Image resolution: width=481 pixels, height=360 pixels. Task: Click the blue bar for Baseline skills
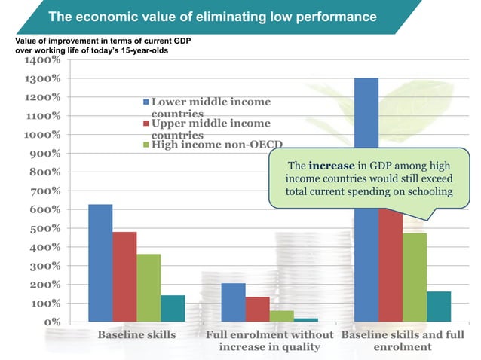[100, 263]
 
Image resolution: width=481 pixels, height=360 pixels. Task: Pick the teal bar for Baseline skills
[173, 308]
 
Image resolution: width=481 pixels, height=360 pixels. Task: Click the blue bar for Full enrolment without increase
[233, 302]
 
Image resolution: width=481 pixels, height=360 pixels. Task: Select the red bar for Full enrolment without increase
[257, 309]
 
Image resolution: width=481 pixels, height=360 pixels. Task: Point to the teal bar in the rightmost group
[438, 307]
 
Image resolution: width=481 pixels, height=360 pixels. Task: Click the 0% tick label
[51, 322]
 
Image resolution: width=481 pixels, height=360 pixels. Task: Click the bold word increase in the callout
[332, 165]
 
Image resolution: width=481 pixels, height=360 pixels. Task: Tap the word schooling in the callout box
[428, 191]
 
